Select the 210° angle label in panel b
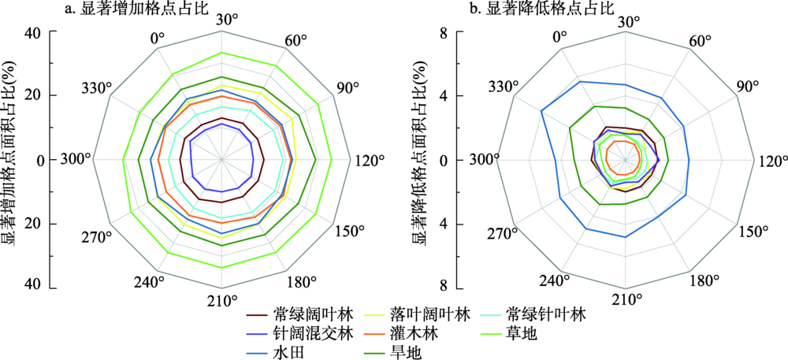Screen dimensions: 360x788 tap(626, 299)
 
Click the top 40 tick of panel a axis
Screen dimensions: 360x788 tap(34, 33)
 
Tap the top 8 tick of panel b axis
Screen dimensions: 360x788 tap(445, 33)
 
